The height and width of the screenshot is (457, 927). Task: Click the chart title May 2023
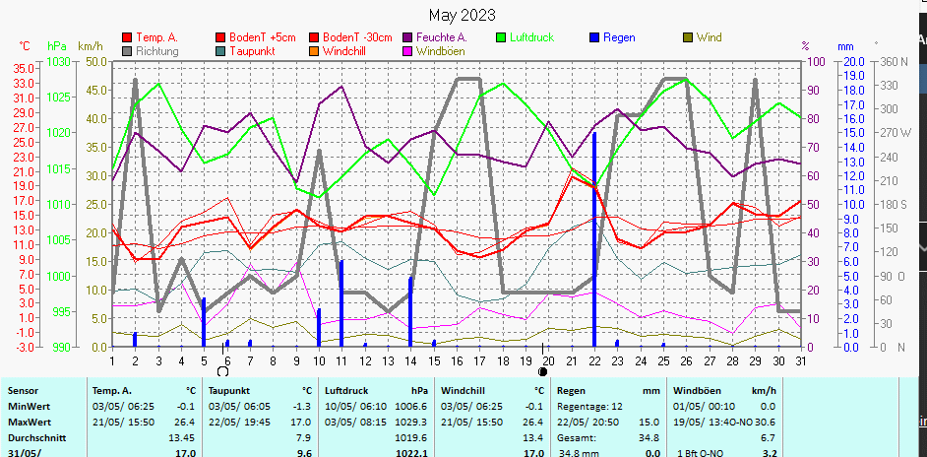click(x=463, y=16)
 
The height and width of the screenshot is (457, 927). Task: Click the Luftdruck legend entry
click(x=530, y=37)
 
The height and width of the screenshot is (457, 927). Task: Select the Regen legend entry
click(x=618, y=37)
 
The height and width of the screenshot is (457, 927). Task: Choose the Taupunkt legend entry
click(x=252, y=50)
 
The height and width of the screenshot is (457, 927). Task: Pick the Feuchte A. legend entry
click(x=441, y=37)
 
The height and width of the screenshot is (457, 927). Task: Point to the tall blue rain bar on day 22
click(x=594, y=236)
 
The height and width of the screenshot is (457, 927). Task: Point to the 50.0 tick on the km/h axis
click(x=95, y=61)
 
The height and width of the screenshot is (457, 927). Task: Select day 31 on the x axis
click(x=801, y=360)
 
